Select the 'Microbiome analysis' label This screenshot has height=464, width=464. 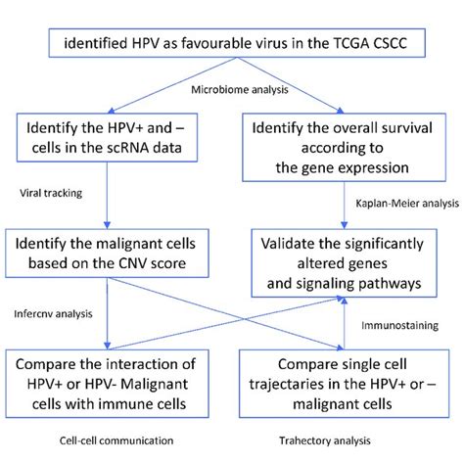(232, 91)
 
